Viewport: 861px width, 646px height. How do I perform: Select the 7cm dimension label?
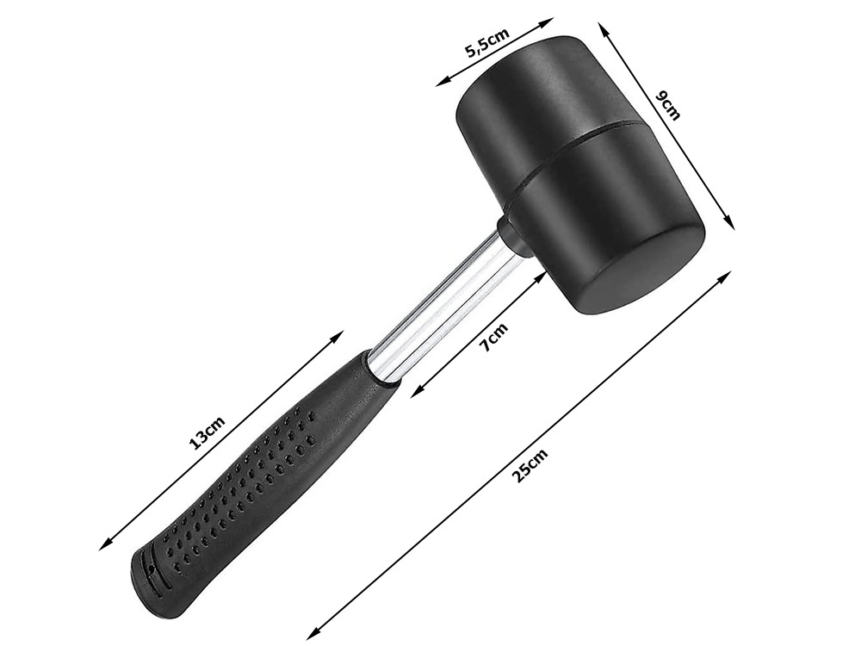tap(493, 336)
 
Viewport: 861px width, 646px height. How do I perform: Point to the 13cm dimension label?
tap(207, 432)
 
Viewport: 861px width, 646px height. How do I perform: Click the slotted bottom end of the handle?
tap(148, 577)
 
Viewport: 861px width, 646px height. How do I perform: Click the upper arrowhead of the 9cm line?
tap(603, 28)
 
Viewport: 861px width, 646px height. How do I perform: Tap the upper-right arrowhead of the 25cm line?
tap(728, 275)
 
